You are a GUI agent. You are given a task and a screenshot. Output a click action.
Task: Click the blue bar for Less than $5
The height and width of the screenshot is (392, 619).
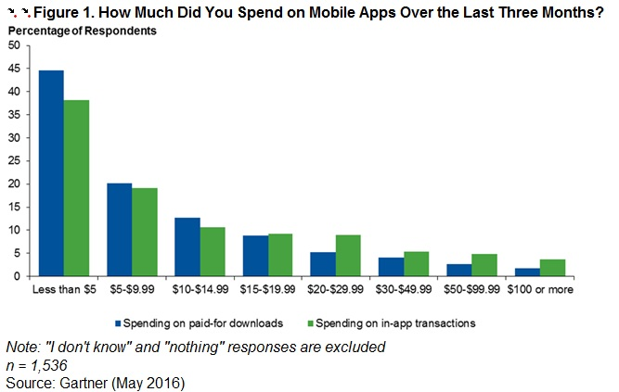pyautogui.click(x=51, y=173)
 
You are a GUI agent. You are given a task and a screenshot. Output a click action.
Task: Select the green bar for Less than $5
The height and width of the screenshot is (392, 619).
pyautogui.click(x=76, y=188)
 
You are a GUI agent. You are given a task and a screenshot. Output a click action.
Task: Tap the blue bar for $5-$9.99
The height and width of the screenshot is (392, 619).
pyautogui.click(x=119, y=230)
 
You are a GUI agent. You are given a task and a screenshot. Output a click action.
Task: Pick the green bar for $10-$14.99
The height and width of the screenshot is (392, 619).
pyautogui.click(x=213, y=252)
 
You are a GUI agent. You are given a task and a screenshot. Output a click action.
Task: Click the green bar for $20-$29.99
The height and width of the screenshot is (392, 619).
pyautogui.click(x=348, y=256)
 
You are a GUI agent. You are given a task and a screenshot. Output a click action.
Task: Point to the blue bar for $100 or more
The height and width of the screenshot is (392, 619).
pyautogui.click(x=527, y=272)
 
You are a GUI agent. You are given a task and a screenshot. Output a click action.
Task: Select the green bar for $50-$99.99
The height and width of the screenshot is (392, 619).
pyautogui.click(x=484, y=265)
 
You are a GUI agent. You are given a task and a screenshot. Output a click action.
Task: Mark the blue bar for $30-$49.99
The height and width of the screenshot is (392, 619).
pyautogui.click(x=391, y=267)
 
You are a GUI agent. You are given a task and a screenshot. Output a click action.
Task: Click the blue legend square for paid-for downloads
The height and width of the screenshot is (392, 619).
pyautogui.click(x=118, y=323)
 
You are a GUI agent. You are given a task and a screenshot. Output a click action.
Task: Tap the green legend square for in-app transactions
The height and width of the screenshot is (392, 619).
pyautogui.click(x=310, y=323)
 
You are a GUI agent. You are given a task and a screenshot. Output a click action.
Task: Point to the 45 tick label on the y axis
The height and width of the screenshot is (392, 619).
pyautogui.click(x=14, y=69)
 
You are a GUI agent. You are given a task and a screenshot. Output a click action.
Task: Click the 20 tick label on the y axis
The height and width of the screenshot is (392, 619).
pyautogui.click(x=14, y=184)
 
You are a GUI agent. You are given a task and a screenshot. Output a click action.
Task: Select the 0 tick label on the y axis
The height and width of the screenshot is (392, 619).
pyautogui.click(x=17, y=276)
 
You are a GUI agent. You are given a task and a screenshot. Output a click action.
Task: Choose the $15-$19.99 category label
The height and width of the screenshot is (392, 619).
pyautogui.click(x=267, y=289)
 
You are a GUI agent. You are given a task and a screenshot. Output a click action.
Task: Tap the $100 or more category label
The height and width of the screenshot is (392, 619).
pyautogui.click(x=540, y=289)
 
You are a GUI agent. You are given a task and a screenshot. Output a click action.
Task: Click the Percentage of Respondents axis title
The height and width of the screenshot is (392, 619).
pyautogui.click(x=82, y=31)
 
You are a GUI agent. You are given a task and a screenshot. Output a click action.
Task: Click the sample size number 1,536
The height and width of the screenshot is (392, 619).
pyautogui.click(x=49, y=365)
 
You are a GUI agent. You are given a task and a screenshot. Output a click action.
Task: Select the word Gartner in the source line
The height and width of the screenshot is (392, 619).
pyautogui.click(x=84, y=383)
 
